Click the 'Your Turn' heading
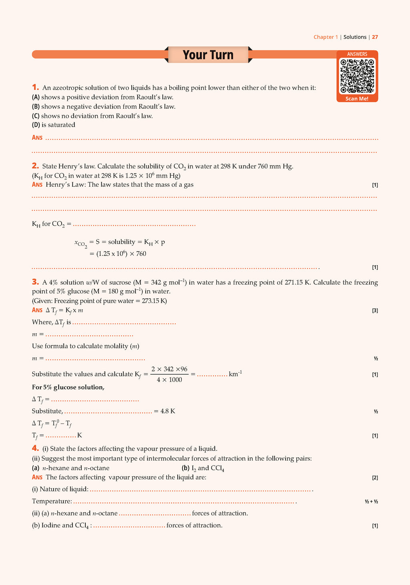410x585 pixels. (208, 55)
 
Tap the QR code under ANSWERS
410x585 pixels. (357, 76)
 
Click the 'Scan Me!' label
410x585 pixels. (357, 99)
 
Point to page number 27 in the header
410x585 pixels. (375, 37)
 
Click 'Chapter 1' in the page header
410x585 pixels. (326, 37)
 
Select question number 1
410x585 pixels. (35, 87)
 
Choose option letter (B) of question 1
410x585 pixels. (36, 107)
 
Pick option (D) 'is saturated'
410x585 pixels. (54, 125)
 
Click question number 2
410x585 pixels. (35, 166)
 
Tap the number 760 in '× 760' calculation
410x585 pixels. (141, 254)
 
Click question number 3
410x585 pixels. (35, 282)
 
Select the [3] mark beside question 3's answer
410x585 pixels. (375, 311)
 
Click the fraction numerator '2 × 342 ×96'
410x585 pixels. (169, 369)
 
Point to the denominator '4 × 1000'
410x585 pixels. (169, 380)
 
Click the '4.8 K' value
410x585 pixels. (168, 411)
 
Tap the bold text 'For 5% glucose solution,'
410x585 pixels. (68, 387)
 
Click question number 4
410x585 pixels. (35, 448)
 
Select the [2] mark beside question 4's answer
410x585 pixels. (375, 477)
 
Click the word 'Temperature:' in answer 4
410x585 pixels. (52, 501)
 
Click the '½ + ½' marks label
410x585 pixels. (371, 501)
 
